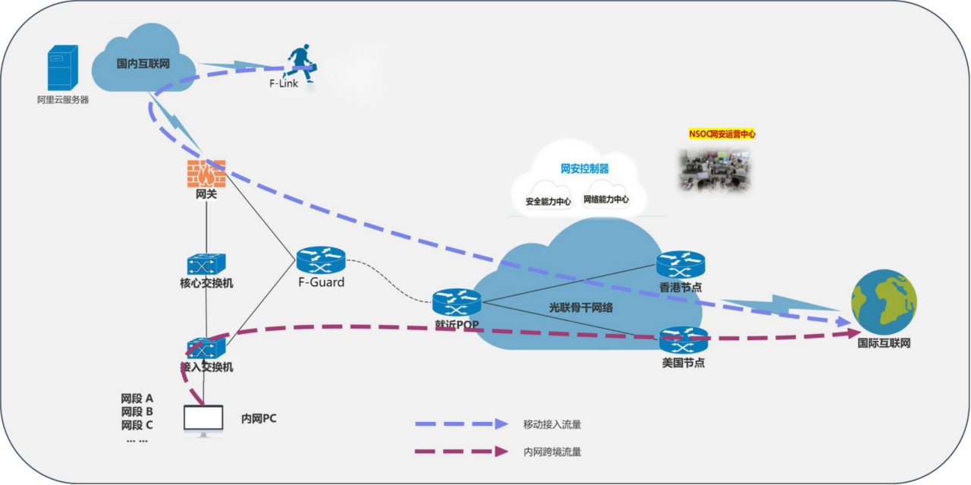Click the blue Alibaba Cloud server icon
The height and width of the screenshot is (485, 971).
click(x=63, y=69)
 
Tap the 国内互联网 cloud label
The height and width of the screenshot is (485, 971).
click(x=143, y=64)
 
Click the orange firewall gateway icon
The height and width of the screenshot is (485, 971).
click(x=206, y=174)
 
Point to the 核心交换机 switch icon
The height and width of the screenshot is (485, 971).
click(x=206, y=264)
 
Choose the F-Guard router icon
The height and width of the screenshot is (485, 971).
click(x=321, y=261)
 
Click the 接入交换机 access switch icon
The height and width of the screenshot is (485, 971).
click(x=206, y=348)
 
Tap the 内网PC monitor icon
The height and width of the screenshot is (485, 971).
click(x=203, y=420)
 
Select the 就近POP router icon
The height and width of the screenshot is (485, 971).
click(x=457, y=303)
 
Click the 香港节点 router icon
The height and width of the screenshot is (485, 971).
click(x=680, y=264)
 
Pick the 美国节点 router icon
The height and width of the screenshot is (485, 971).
click(x=683, y=340)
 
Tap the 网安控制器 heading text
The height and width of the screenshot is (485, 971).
click(x=584, y=168)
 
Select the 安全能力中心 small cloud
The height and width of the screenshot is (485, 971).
click(x=548, y=198)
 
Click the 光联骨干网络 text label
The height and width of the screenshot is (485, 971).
click(x=581, y=308)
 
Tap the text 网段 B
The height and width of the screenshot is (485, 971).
click(x=137, y=411)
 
